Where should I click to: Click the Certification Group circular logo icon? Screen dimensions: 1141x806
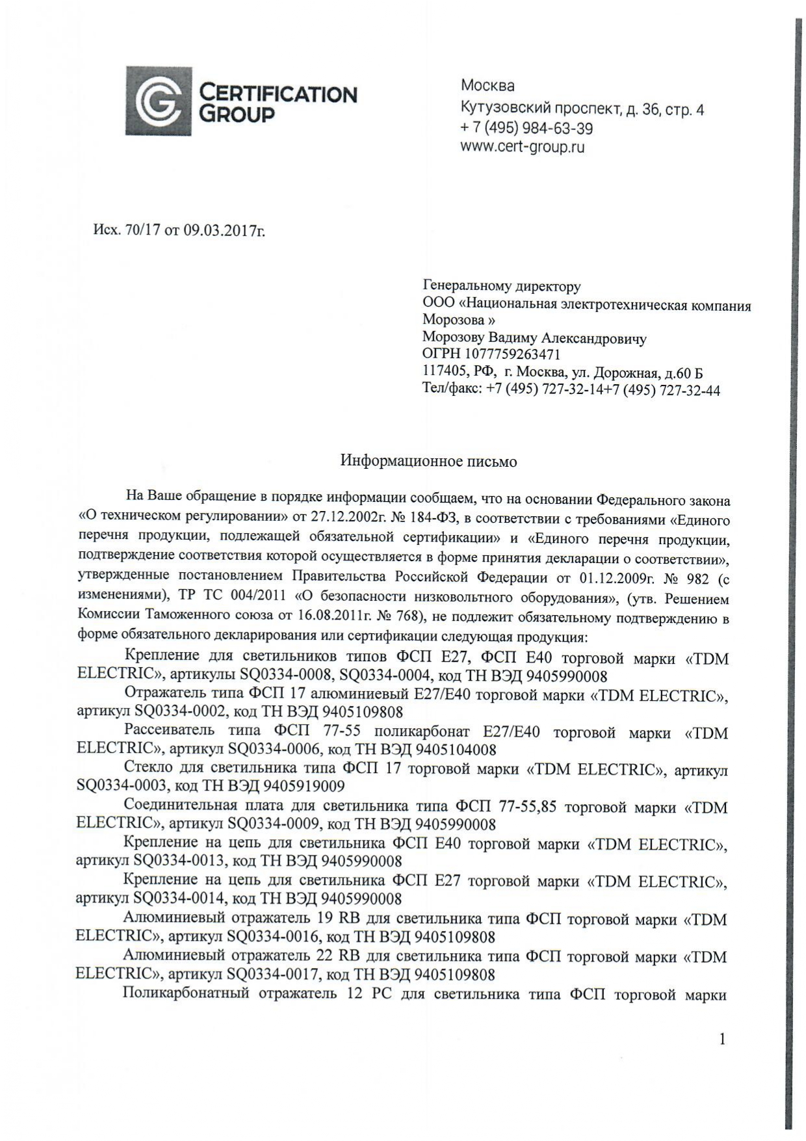click(158, 101)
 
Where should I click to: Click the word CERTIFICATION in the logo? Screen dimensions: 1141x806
click(278, 94)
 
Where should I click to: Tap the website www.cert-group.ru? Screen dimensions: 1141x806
click(523, 147)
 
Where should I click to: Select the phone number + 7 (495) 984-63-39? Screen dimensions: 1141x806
click(526, 128)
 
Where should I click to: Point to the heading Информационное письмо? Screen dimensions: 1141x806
click(429, 462)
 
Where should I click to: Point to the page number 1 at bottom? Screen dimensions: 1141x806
click(722, 1040)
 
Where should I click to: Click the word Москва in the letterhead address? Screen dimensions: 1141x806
click(487, 85)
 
